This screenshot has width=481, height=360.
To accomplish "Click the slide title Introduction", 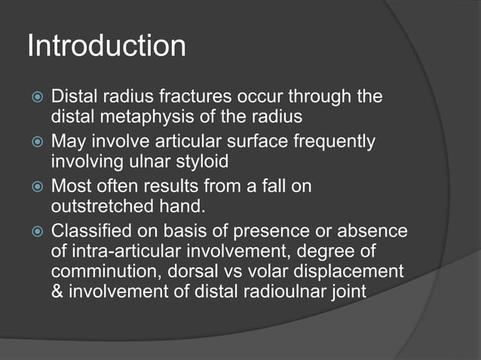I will click(106, 47).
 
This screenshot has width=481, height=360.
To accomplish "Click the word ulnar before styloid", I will click(149, 162).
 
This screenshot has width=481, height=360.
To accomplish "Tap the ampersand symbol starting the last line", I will click(57, 291).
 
